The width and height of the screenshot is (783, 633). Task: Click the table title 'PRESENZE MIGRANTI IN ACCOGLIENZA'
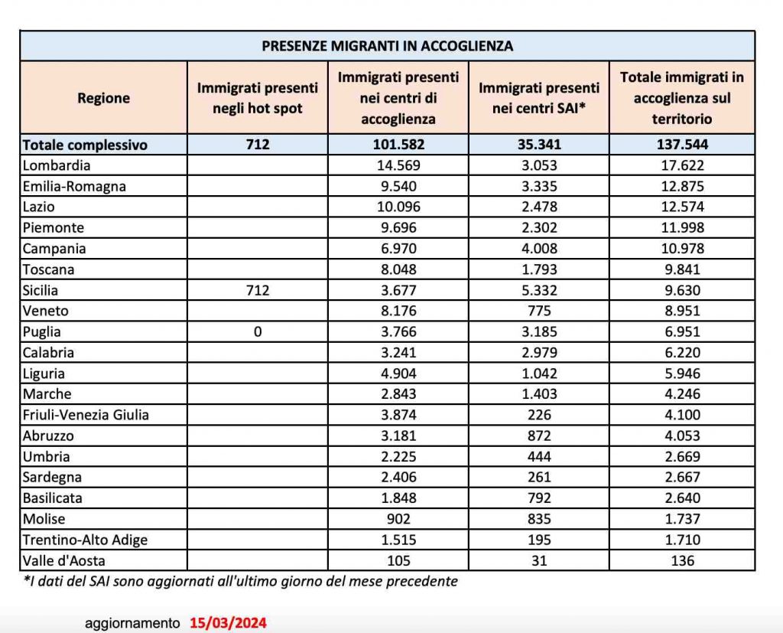[387, 46]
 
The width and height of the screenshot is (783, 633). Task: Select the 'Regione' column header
[104, 98]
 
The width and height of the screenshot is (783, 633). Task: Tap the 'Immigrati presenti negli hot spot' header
[258, 98]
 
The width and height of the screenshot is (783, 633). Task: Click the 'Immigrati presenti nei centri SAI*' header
[539, 98]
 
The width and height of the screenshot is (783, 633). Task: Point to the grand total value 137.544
[681, 145]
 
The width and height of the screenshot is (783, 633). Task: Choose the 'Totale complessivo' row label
[85, 145]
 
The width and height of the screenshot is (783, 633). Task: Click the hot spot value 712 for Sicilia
[258, 291]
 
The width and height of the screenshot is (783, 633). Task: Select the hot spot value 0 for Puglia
[258, 332]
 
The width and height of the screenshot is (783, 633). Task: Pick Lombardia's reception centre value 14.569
[398, 165]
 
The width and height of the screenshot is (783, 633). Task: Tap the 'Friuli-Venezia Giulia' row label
[86, 415]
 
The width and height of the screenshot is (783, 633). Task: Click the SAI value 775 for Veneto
[539, 312]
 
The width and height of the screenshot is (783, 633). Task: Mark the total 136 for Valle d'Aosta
[681, 560]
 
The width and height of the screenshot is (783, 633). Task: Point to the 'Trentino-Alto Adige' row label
[85, 540]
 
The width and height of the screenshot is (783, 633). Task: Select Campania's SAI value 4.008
[539, 249]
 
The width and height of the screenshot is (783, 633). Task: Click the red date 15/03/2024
[229, 623]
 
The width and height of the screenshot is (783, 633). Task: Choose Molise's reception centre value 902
[398, 519]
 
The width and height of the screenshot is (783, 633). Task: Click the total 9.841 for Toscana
[681, 269]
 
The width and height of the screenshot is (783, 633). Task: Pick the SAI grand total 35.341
[539, 145]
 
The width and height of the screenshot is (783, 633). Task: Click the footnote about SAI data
[241, 581]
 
